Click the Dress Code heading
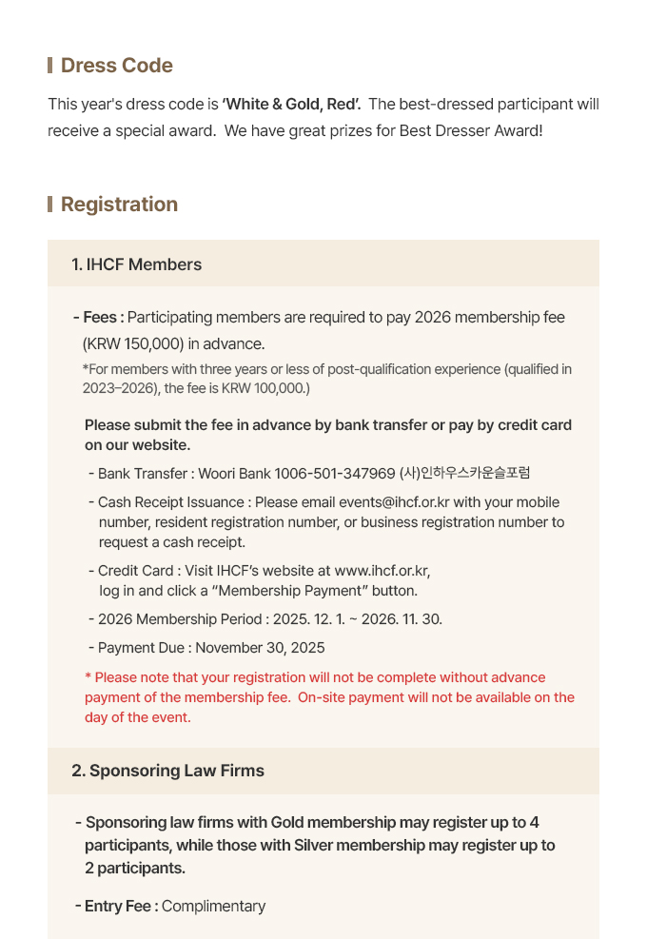coord(116,66)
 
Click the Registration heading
coord(119,205)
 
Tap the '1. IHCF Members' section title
coord(136,264)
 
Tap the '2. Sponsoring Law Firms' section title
coord(167,771)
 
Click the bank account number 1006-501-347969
coord(334,474)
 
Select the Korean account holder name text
coord(464,474)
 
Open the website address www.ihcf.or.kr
coord(382,571)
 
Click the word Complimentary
coord(213,907)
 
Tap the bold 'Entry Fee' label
coord(121,907)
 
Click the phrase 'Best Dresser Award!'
coord(471,130)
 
